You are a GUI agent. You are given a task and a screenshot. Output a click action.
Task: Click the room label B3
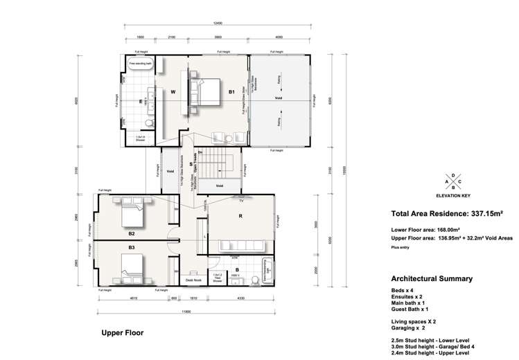pyautogui.click(x=131, y=246)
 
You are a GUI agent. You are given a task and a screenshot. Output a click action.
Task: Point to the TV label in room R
pyautogui.click(x=241, y=200)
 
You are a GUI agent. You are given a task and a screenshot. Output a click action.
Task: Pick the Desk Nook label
pyautogui.click(x=193, y=280)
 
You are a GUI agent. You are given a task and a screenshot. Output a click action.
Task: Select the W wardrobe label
pyautogui.click(x=173, y=90)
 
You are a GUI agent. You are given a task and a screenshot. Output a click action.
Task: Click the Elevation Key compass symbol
pyautogui.click(x=453, y=183)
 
